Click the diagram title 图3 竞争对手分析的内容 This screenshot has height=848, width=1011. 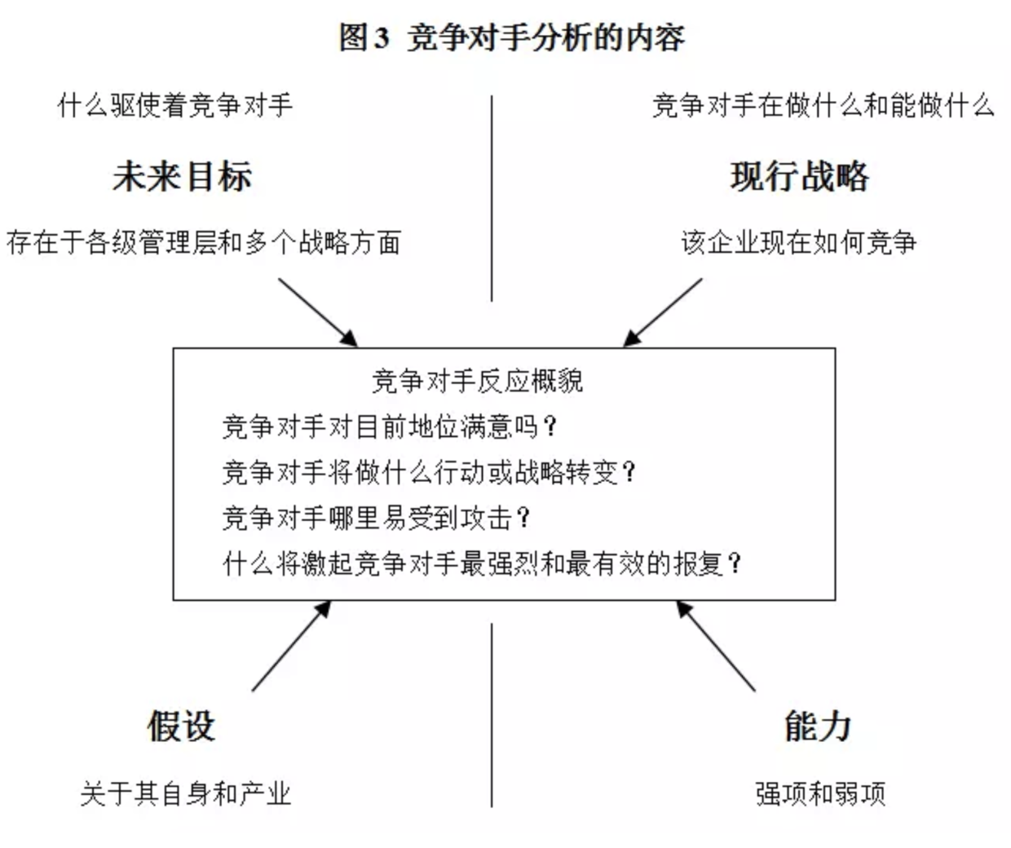point(511,38)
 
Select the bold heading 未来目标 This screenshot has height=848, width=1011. point(183,177)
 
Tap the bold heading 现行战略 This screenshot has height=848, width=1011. point(800,177)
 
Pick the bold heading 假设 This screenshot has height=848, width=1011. point(182,727)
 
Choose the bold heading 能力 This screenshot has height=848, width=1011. point(818,727)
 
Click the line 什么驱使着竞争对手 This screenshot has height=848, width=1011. point(174,105)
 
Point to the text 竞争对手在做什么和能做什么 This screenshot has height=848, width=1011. point(823,105)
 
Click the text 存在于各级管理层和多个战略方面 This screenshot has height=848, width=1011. point(203,242)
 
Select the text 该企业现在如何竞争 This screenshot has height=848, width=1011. point(799,242)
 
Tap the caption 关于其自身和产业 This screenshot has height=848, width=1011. point(185,794)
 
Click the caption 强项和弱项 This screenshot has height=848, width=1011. point(821,794)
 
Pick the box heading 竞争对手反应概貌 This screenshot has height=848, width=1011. point(478,381)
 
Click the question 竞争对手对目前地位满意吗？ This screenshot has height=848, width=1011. point(390,427)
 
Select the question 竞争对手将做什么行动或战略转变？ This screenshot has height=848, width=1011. point(429,473)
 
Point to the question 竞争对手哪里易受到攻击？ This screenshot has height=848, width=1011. point(376,519)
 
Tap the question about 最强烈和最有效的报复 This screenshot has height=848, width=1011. point(482,563)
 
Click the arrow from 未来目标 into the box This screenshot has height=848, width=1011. point(318,313)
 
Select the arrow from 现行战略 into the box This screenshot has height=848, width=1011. point(662,313)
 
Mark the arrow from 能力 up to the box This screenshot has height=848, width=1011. point(716,646)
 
